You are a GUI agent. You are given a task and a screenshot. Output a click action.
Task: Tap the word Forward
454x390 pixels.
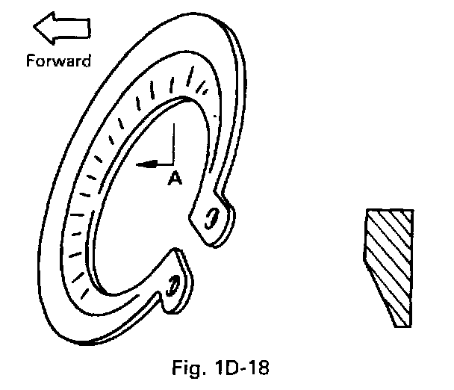point(58,61)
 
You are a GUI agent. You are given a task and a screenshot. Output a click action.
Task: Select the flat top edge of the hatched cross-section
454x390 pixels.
point(388,210)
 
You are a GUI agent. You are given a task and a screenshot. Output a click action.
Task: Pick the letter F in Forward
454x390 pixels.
point(29,61)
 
